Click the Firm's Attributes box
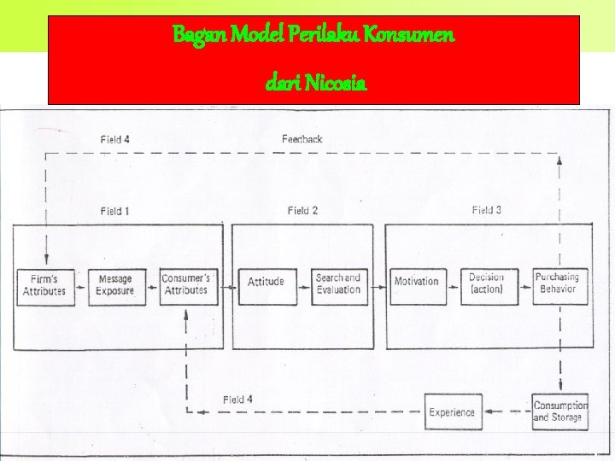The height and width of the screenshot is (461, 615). [x=44, y=286]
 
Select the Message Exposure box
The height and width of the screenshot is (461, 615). [x=115, y=286]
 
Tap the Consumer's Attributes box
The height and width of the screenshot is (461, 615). [x=185, y=285]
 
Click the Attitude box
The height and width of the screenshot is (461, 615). [x=266, y=283]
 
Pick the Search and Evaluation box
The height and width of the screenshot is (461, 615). [x=337, y=283]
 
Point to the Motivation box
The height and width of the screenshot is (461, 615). [x=416, y=283]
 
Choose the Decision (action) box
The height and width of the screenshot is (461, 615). [x=487, y=283]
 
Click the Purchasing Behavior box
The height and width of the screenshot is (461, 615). [x=557, y=283]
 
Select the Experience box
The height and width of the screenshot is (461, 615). [x=452, y=412]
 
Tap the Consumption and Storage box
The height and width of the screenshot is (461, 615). [x=559, y=411]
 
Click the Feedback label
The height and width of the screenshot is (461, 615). [x=302, y=139]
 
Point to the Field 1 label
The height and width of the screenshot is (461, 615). [x=114, y=211]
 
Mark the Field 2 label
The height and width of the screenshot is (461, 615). [x=302, y=211]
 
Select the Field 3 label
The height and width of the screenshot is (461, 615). [x=488, y=210]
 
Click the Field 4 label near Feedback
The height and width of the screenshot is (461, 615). [x=114, y=139]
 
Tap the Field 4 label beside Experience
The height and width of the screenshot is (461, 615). [x=237, y=400]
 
